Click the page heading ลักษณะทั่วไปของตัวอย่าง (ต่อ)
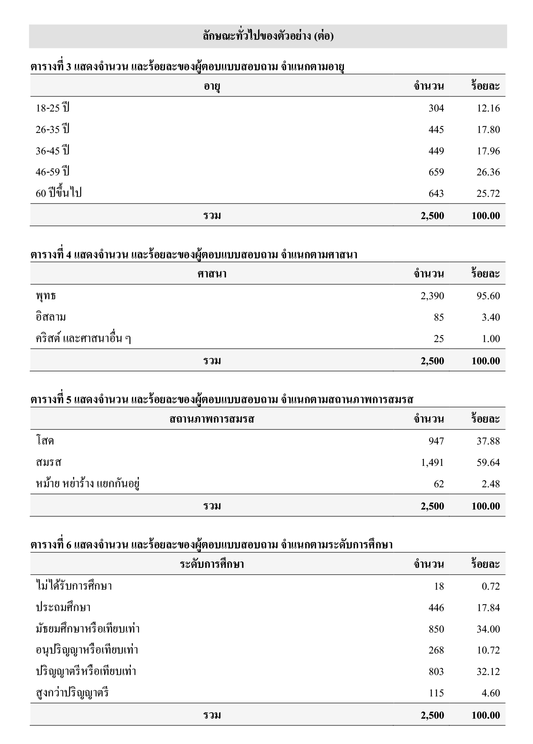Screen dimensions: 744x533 (268, 36)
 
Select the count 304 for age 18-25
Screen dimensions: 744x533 (436, 108)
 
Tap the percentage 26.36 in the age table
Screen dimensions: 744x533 (488, 172)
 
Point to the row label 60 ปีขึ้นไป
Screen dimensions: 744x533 (58, 194)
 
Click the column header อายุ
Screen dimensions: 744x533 (212, 86)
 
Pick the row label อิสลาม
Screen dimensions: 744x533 (51, 317)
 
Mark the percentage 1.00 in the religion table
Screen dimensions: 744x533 (491, 339)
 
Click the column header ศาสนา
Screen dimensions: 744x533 (212, 274)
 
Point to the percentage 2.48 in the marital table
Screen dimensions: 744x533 (491, 484)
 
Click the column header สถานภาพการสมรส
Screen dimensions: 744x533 (212, 419)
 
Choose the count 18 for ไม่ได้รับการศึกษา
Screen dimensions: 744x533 (439, 586)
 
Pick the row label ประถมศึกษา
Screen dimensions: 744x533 (63, 608)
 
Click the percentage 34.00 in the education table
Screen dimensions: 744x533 (488, 629)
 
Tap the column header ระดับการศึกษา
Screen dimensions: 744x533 (212, 564)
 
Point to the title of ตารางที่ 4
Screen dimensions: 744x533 (194, 255)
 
